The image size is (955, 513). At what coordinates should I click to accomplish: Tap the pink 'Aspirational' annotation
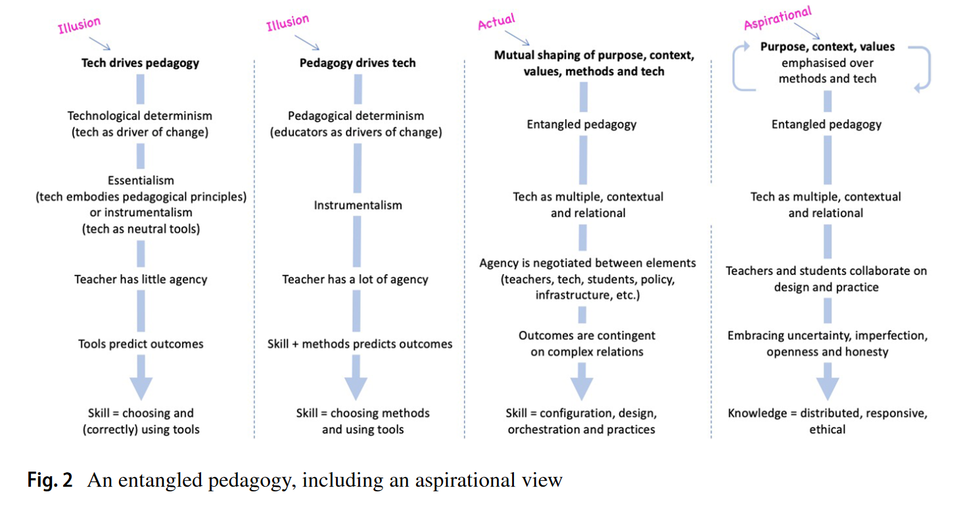click(x=778, y=18)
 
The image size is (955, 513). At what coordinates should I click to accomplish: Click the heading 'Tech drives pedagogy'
click(x=140, y=63)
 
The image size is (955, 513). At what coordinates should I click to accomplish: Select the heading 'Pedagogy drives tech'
click(x=358, y=63)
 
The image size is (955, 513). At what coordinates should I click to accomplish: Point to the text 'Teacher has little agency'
click(x=141, y=279)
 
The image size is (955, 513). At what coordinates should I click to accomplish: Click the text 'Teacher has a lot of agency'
click(x=355, y=279)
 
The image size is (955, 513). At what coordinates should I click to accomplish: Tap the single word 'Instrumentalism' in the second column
click(x=358, y=205)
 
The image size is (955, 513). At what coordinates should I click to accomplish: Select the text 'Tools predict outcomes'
click(x=141, y=343)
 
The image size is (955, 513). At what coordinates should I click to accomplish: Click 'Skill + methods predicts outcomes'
click(x=360, y=343)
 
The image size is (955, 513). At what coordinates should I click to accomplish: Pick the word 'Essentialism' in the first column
click(x=141, y=180)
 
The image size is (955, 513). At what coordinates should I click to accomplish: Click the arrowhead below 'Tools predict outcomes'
click(x=141, y=386)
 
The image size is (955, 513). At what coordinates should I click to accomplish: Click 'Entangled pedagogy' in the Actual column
click(x=582, y=124)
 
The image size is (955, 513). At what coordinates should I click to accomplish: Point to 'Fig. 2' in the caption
click(x=50, y=481)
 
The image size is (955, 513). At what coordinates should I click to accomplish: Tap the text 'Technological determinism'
click(x=140, y=116)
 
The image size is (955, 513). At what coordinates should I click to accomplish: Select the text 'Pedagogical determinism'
click(x=356, y=116)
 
